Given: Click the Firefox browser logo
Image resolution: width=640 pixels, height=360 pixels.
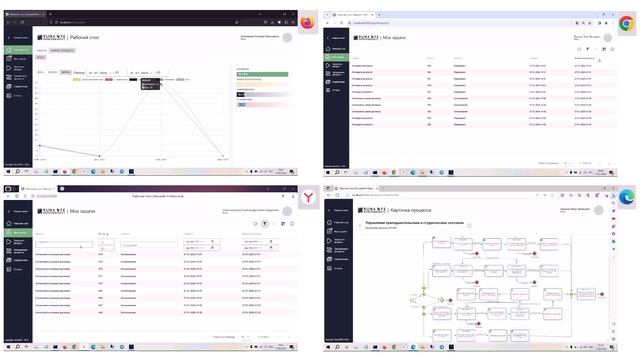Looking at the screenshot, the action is (x=306, y=20).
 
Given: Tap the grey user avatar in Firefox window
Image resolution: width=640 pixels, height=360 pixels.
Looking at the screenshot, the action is (x=288, y=37).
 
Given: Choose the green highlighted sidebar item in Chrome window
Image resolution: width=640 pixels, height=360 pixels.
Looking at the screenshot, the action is (x=338, y=59).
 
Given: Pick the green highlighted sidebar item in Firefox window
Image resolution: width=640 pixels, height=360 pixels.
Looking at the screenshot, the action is (x=17, y=49).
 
